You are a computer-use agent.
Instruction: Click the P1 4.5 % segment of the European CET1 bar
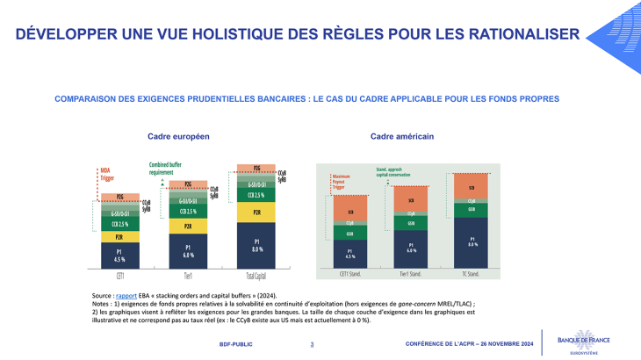click(120, 256)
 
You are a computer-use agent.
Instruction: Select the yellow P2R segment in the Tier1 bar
click(188, 226)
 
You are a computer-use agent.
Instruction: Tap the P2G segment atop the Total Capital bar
click(256, 168)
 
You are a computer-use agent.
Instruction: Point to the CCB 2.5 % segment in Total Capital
click(256, 195)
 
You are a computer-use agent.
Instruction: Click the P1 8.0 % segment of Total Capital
click(256, 245)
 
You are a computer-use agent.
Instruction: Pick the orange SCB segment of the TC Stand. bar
click(472, 187)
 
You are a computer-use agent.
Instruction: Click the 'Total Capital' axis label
click(256, 274)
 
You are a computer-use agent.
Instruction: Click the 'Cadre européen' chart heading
click(178, 137)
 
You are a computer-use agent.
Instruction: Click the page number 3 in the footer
click(312, 343)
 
